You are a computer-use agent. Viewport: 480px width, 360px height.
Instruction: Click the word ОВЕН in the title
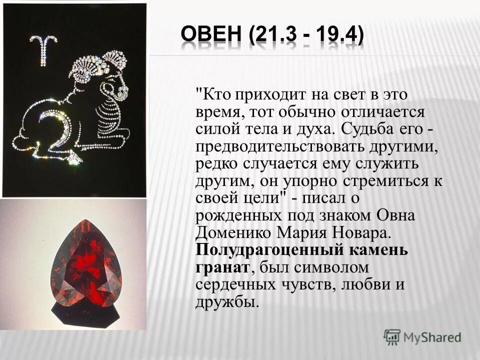213,36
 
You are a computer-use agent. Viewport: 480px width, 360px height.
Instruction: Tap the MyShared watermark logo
422,336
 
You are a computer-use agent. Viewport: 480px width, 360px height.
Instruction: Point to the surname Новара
358,233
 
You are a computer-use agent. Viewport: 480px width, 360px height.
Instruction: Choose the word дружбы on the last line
227,302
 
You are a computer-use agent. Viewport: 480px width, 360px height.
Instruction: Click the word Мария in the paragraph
305,233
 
